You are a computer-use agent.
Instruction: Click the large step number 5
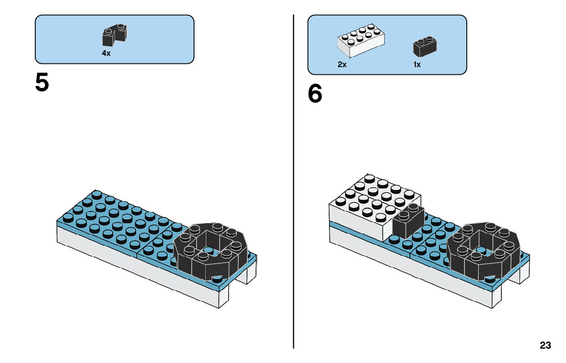(42, 82)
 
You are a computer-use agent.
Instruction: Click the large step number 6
(315, 93)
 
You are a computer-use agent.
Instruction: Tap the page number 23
(546, 345)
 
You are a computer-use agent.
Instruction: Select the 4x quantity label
(106, 53)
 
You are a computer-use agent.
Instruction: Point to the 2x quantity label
(342, 65)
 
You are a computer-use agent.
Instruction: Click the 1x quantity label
(417, 65)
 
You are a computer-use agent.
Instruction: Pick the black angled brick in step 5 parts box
(115, 35)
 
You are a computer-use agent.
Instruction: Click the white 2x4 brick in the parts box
(361, 40)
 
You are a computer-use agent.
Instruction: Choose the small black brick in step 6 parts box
(425, 46)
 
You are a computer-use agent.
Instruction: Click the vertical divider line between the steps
(293, 181)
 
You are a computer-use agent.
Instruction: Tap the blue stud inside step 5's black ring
(208, 250)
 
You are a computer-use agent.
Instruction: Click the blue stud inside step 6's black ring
(481, 250)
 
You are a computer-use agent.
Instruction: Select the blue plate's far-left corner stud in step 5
(68, 217)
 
